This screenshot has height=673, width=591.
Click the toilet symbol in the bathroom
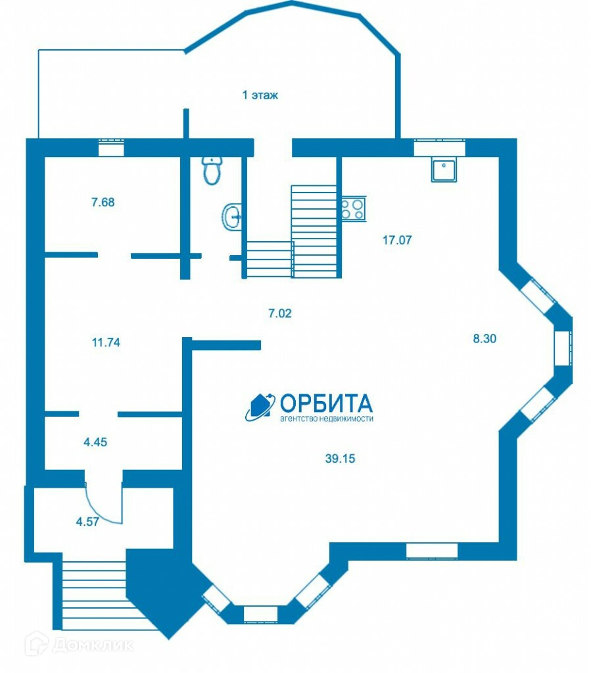tap(211, 170)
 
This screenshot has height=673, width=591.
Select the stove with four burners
tap(352, 209)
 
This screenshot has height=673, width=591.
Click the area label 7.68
tap(103, 202)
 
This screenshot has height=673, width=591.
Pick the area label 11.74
tap(106, 342)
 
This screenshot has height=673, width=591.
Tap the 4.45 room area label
tap(95, 442)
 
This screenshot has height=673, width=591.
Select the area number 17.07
tap(397, 240)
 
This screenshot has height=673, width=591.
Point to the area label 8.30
tap(485, 339)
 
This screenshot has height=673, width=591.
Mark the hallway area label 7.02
tap(279, 313)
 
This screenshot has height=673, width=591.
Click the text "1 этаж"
tap(260, 95)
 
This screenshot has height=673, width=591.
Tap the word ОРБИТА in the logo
tap(326, 402)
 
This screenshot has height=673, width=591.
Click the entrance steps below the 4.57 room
tap(93, 592)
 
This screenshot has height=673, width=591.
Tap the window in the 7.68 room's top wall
tap(111, 148)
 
